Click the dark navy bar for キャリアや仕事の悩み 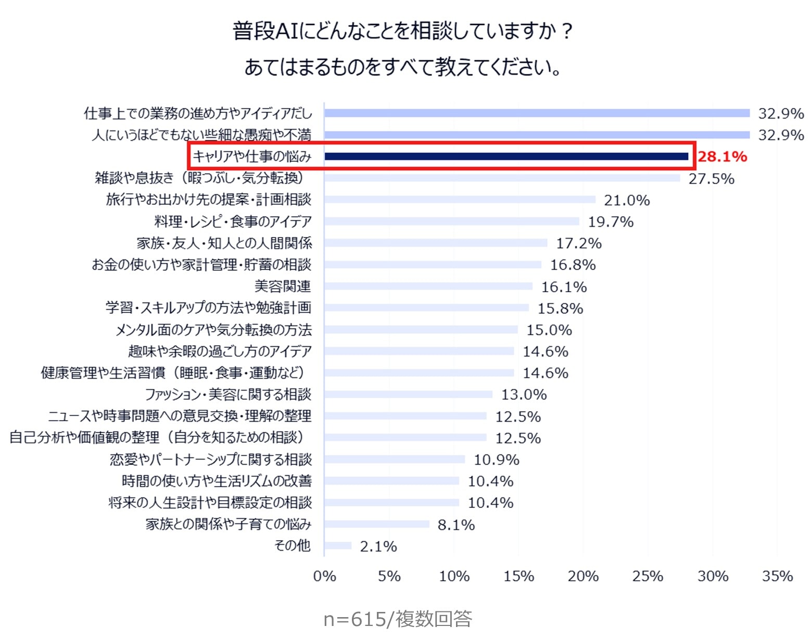pos(506,156)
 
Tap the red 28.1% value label pos(722,156)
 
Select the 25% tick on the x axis pos(648,576)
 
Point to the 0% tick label pos(324,576)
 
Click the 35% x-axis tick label pos(777,576)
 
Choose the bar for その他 pos(338,546)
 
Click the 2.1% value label pos(378,546)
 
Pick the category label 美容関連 pos(283,286)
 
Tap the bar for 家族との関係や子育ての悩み pos(377,524)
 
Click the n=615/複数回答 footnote pos(398,619)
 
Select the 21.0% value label pos(627,200)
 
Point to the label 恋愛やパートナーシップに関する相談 pos(211,460)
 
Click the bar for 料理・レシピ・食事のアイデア pos(451,221)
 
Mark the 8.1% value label pos(456,525)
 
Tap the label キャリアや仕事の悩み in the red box pos(252,156)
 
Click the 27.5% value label pos(711,179)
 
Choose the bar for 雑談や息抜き pos(502,178)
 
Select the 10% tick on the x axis pos(454,576)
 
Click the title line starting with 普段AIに pos(403,31)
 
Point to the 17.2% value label pos(579,243)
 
